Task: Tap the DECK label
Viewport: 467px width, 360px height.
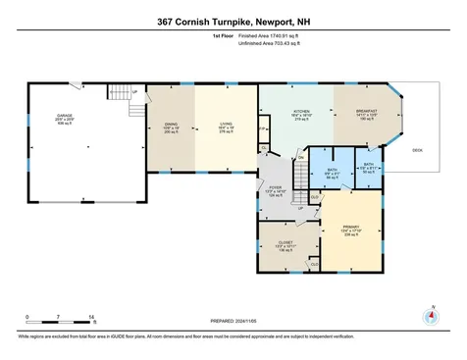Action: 417,150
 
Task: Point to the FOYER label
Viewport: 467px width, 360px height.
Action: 275,188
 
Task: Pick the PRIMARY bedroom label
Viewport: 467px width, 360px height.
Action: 350,229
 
